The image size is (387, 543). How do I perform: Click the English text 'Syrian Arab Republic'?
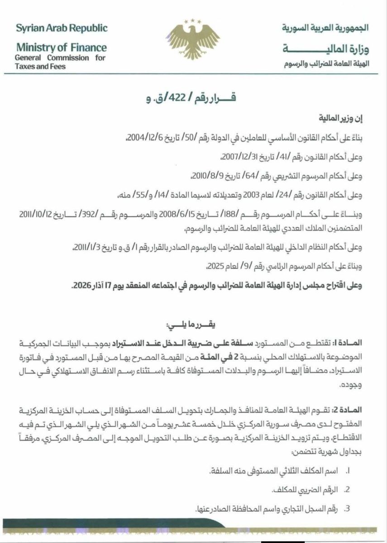click(62, 28)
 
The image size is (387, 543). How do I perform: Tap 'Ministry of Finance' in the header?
click(61, 48)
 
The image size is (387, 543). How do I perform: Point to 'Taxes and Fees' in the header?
click(40, 66)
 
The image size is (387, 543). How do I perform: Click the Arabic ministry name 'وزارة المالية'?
click(325, 48)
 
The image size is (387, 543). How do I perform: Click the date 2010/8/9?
click(205, 176)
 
